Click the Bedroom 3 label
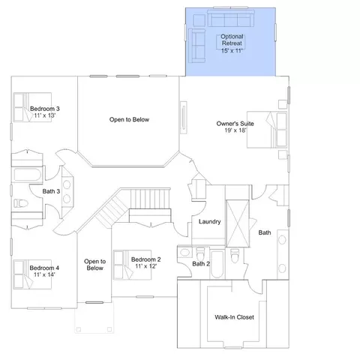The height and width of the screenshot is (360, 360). click(45, 109)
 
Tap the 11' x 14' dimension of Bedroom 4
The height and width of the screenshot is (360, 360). click(44, 274)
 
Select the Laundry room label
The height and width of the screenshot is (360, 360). click(210, 222)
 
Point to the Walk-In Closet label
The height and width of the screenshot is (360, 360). click(234, 317)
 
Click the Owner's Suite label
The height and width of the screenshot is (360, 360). click(235, 124)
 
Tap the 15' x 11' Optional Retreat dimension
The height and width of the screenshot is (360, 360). click(232, 51)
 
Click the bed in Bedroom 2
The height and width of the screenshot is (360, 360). click(132, 265)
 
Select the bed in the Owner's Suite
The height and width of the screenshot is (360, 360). click(267, 130)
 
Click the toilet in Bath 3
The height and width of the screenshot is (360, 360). click(20, 203)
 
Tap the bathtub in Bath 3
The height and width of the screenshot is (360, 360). click(27, 175)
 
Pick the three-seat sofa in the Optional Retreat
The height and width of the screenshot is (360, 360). click(231, 19)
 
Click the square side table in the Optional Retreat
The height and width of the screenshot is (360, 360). click(199, 20)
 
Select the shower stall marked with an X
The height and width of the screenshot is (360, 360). click(238, 223)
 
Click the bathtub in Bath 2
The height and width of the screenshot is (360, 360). click(217, 264)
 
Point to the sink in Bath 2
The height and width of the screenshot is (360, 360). click(184, 252)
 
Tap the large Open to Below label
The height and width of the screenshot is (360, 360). click(129, 119)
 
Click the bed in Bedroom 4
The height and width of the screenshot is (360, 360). click(32, 274)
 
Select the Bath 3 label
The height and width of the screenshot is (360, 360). click(51, 191)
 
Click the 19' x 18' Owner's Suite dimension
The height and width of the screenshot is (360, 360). click(235, 130)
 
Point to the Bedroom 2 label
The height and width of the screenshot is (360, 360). click(146, 259)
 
